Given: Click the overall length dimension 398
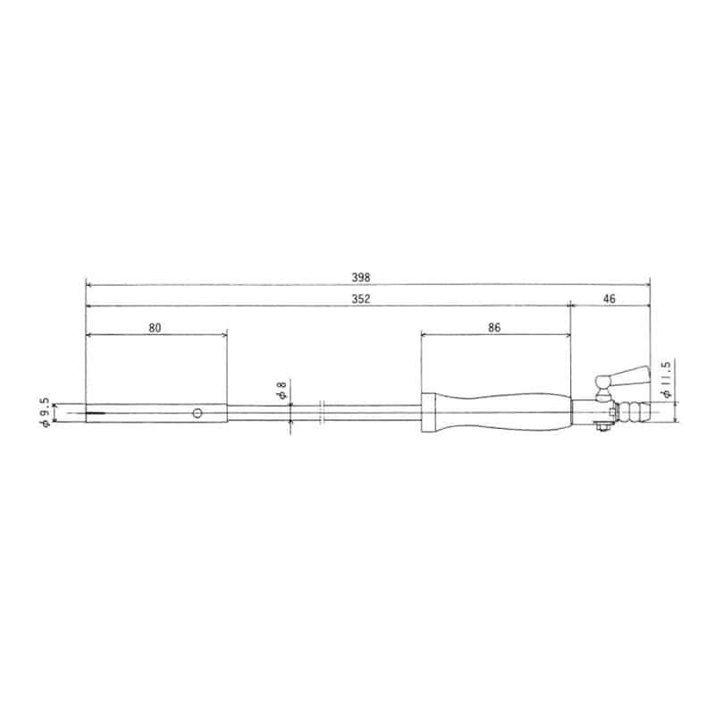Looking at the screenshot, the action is point(361,277).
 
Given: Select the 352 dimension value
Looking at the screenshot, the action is point(361,299).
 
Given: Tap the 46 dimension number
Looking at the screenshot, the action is point(610,299).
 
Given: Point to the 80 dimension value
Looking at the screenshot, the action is point(155,328).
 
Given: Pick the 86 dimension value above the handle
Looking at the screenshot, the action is point(494,327).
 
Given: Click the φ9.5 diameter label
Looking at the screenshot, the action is point(44,412).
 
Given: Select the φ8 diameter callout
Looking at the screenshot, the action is point(282,391).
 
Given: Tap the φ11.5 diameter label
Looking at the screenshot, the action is point(666,379).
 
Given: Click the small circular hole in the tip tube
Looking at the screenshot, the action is point(197,413).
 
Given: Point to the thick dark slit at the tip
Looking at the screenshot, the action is point(96,413).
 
